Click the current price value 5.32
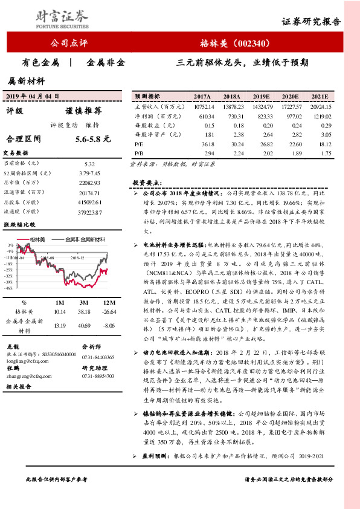[89, 164]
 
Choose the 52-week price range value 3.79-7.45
[89, 172]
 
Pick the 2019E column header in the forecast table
[262, 97]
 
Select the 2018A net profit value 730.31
[232, 115]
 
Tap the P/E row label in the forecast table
[140, 144]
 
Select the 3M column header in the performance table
[85, 302]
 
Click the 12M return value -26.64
[109, 311]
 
